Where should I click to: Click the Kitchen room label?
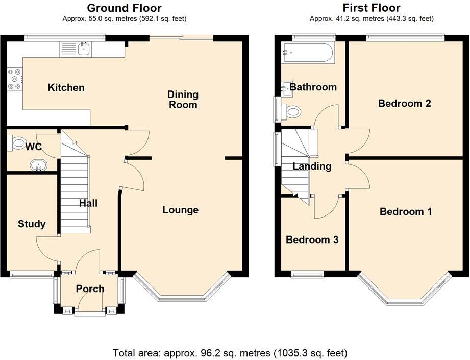(66, 88)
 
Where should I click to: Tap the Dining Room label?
(183, 100)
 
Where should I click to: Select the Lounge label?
(180, 210)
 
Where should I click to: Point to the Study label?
(32, 224)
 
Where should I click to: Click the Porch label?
(90, 289)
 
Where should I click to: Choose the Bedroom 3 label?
(312, 239)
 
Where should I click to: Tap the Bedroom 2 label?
(404, 103)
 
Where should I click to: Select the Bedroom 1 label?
(406, 211)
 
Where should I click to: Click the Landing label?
(312, 166)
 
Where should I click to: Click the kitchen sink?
(84, 50)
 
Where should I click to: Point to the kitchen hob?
(14, 79)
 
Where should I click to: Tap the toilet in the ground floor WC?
(19, 143)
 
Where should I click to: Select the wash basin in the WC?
(38, 165)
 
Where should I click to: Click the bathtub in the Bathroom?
(308, 53)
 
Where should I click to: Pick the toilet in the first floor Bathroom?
(293, 111)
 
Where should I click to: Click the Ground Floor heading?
(125, 8)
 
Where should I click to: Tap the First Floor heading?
(371, 8)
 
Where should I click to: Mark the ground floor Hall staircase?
(75, 189)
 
